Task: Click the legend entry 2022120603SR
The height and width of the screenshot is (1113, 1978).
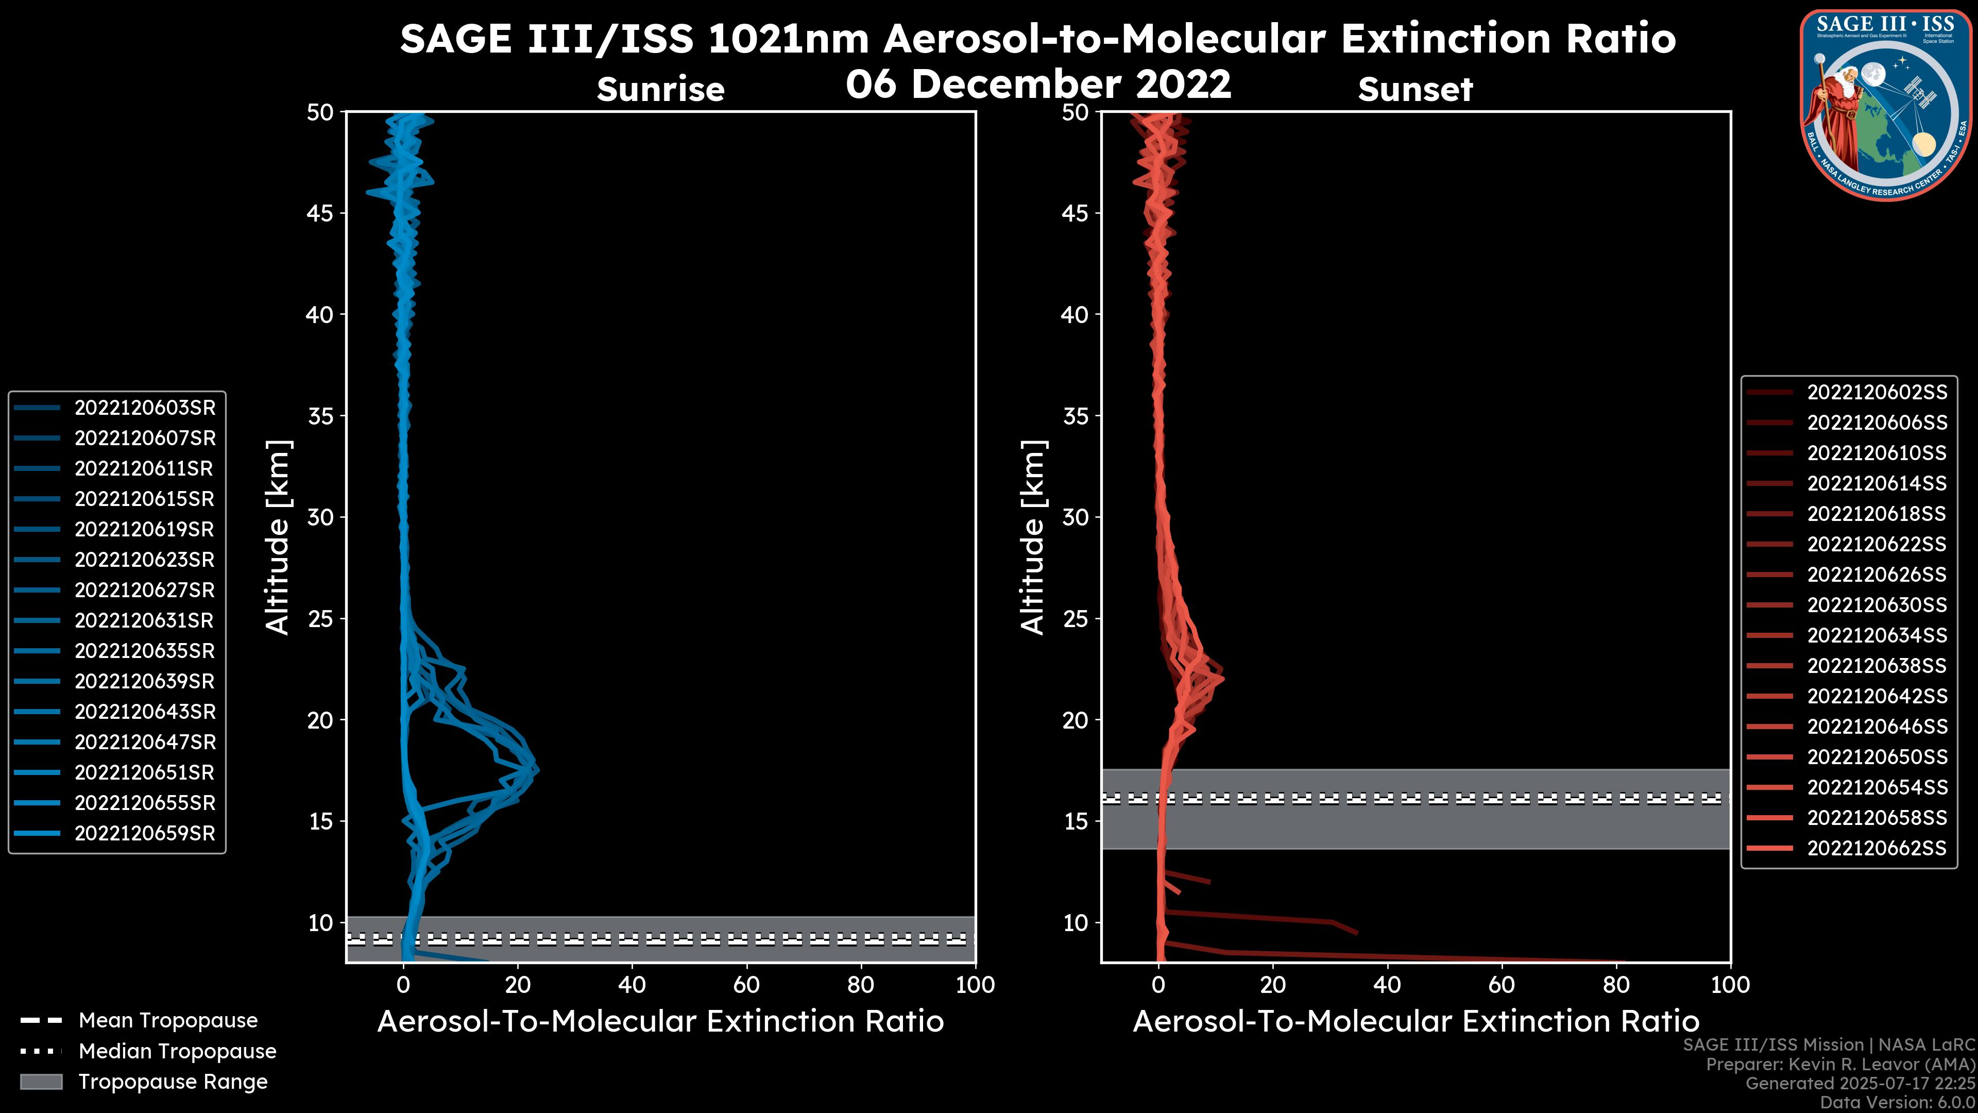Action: point(144,408)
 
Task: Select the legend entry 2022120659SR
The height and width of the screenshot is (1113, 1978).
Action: point(144,833)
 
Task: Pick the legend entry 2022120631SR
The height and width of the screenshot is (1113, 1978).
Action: point(144,620)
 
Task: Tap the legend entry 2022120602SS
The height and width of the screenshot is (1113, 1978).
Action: point(1877,393)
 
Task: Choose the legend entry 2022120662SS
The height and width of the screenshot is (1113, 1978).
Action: point(1877,848)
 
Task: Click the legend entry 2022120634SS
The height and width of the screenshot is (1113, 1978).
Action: point(1877,635)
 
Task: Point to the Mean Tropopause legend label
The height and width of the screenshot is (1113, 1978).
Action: point(168,1021)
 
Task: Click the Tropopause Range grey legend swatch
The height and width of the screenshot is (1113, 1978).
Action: point(41,1082)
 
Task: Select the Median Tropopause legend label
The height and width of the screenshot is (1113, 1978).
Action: point(177,1051)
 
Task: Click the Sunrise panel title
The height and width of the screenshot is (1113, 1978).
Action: point(660,90)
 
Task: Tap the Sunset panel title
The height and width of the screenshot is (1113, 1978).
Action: point(1415,90)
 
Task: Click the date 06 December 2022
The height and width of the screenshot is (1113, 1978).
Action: point(1038,83)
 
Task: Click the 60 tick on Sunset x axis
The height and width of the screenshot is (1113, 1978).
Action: point(1501,985)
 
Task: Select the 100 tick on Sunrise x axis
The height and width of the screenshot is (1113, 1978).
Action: point(975,985)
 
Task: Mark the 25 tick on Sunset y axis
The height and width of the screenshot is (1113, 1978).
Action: point(1075,618)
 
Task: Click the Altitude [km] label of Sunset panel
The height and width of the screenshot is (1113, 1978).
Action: point(1033,537)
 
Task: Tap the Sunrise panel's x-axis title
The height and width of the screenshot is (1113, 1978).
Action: point(660,1022)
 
